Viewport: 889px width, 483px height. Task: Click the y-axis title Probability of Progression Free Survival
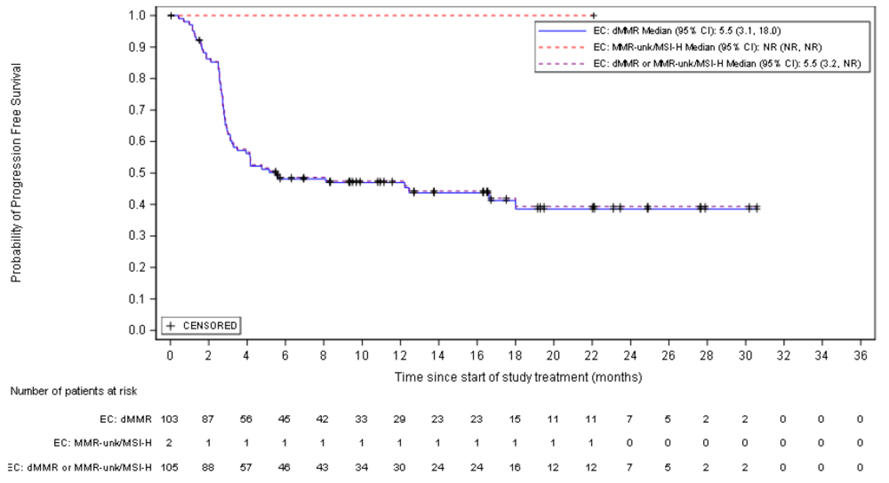[16, 173]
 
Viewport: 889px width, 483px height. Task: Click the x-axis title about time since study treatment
[518, 377]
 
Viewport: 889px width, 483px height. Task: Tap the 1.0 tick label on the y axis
[138, 16]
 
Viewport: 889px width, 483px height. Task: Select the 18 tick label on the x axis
[514, 355]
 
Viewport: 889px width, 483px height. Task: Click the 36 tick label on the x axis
[860, 355]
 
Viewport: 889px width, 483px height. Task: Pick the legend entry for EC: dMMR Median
[686, 31]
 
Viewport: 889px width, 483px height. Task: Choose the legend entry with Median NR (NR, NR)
[707, 47]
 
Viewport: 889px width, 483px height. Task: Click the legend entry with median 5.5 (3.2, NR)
[726, 63]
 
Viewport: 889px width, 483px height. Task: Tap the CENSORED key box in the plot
[202, 326]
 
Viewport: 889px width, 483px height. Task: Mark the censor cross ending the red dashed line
[593, 16]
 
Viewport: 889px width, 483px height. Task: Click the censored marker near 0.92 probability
[199, 41]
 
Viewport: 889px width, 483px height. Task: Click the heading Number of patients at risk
[74, 391]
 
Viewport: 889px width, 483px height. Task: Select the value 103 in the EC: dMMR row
[169, 419]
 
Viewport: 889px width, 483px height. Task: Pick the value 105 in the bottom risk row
[169, 467]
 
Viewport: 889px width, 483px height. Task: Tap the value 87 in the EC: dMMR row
[207, 419]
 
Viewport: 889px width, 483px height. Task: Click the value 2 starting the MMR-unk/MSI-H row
[169, 443]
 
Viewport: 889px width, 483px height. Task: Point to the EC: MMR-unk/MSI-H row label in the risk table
[102, 443]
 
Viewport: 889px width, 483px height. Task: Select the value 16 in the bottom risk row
[514, 467]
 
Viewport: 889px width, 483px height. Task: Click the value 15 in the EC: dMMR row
[514, 419]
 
